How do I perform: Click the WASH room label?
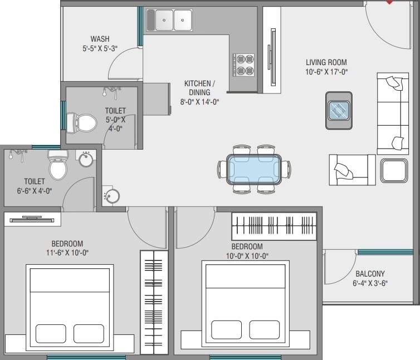(100, 39)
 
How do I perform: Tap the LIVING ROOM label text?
(326, 62)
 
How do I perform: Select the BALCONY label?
(370, 274)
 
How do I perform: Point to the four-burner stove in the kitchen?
(243, 65)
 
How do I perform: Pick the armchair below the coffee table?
(351, 169)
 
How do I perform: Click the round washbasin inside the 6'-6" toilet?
(86, 160)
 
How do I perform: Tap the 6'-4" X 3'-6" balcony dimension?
(370, 283)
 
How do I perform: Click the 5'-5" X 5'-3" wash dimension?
(100, 48)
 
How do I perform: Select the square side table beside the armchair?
(394, 170)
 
